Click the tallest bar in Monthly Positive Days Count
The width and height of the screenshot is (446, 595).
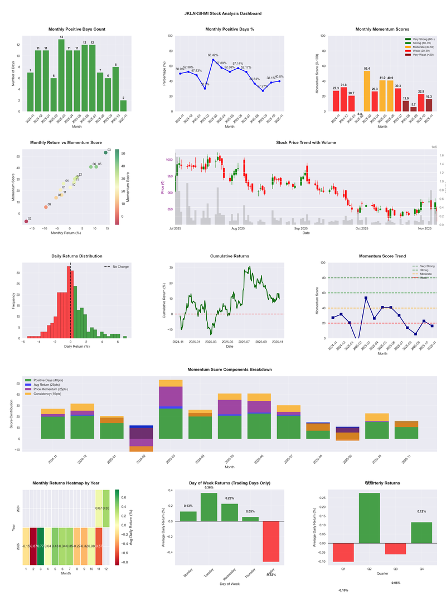click(61, 75)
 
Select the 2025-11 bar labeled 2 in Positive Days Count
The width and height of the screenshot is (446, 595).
click(123, 105)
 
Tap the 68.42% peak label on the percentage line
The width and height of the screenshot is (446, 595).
click(213, 55)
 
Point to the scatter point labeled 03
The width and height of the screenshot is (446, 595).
click(105, 152)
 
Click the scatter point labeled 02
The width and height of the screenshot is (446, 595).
click(26, 222)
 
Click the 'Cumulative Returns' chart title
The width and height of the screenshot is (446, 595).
click(229, 256)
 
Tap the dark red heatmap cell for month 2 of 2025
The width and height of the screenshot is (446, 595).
click(33, 546)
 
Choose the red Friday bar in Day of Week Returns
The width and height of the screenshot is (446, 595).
click(271, 541)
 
